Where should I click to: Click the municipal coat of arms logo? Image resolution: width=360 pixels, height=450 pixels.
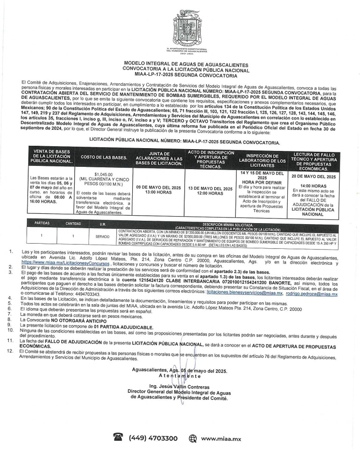click(180, 28)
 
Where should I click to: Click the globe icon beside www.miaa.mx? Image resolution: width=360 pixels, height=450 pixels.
click(193, 438)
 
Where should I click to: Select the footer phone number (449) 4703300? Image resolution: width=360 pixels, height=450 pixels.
click(153, 438)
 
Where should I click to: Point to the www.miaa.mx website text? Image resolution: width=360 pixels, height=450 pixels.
click(221, 439)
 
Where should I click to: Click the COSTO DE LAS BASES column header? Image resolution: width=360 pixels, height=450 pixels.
click(104, 157)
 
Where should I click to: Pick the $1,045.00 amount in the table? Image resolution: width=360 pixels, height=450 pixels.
click(104, 174)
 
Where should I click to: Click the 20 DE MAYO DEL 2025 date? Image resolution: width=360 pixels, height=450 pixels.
click(314, 177)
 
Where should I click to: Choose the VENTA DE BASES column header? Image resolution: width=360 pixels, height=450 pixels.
click(52, 157)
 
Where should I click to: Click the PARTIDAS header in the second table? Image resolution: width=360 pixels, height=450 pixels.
click(42, 224)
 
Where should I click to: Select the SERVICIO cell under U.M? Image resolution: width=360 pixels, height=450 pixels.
click(102, 236)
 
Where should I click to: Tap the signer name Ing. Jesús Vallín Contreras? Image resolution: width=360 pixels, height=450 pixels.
click(180, 387)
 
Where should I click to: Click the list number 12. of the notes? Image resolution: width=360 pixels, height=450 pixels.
click(10, 351)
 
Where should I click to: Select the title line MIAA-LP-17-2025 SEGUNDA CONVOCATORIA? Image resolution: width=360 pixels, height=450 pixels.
click(180, 75)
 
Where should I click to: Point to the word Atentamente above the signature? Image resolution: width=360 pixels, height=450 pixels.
click(180, 376)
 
